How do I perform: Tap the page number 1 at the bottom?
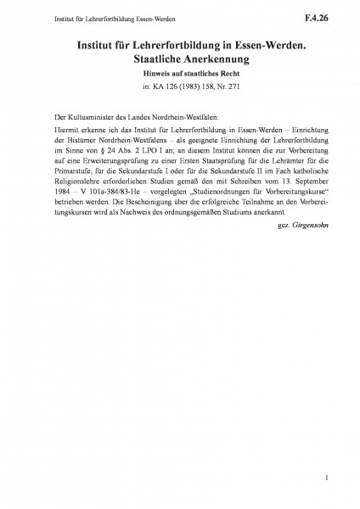click(x=326, y=479)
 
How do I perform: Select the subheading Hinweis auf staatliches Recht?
click(x=179, y=72)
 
